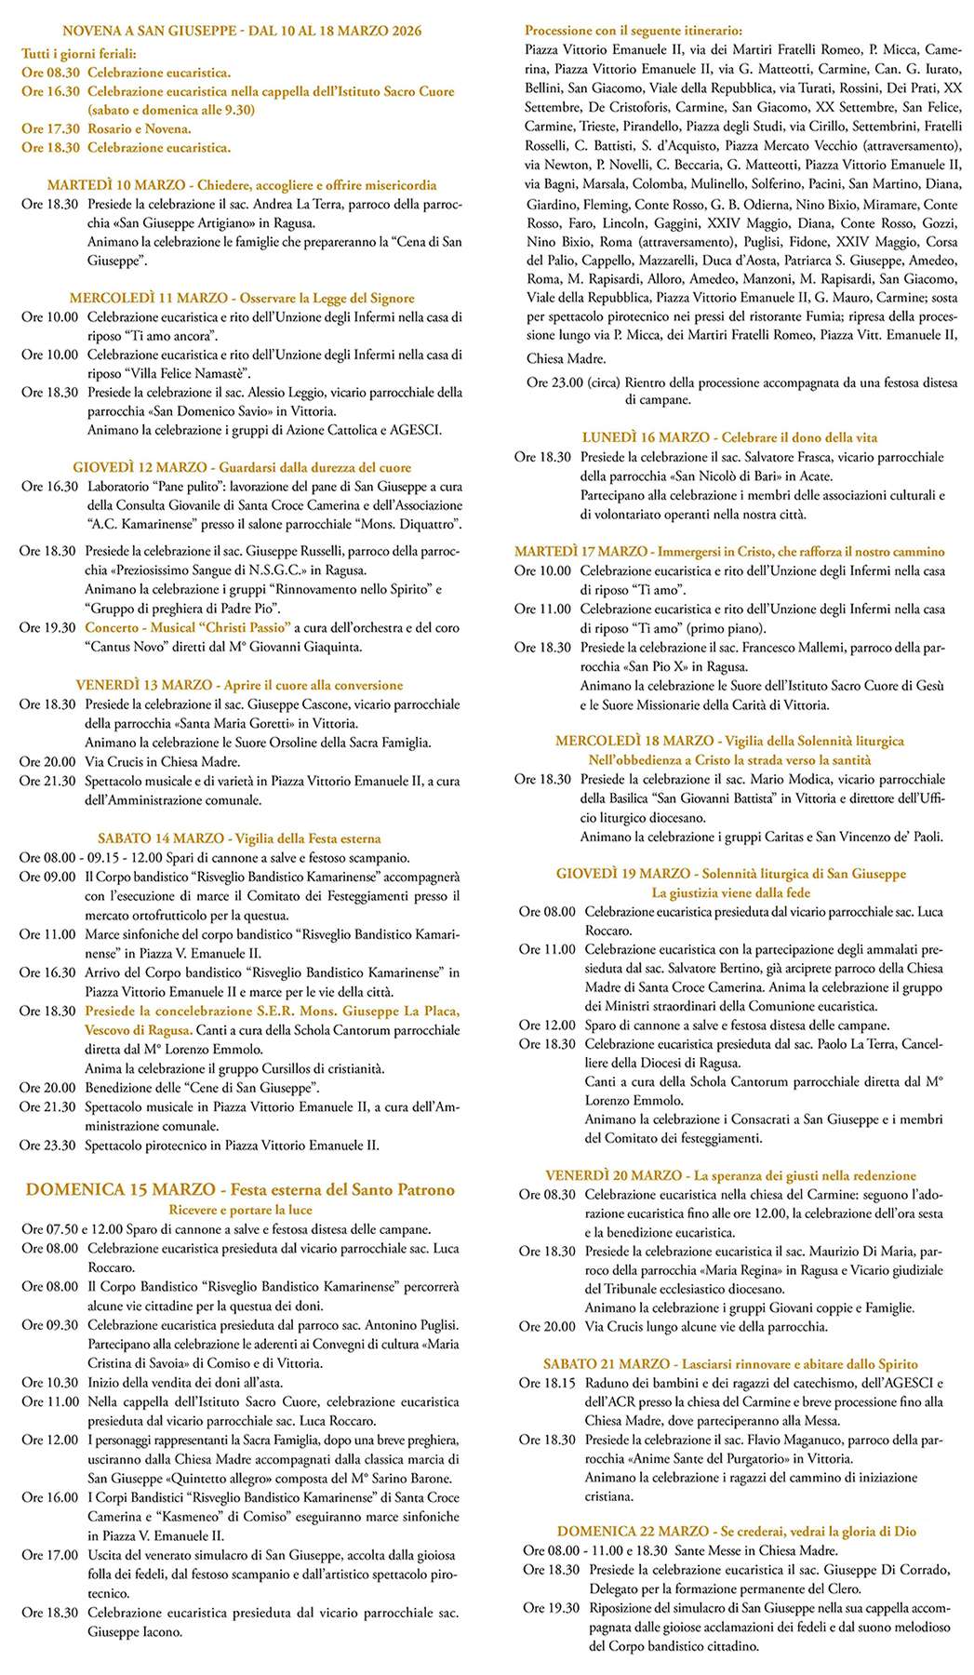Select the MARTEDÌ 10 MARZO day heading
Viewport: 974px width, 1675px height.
[100, 185]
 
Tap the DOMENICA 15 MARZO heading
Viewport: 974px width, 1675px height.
[117, 1189]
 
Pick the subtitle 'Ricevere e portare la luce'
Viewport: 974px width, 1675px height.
[240, 1210]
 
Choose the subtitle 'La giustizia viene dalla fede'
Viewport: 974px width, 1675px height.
[730, 893]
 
